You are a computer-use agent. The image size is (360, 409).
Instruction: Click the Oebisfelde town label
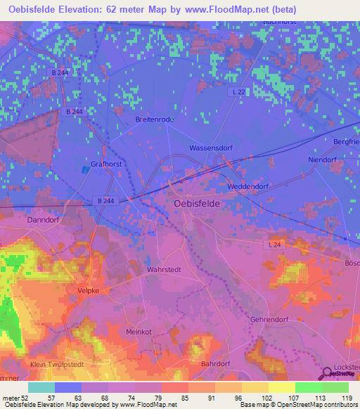[x=196, y=203]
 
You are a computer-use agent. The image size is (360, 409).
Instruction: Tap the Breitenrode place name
[x=154, y=119]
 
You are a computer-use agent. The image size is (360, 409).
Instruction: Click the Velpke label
[x=89, y=289]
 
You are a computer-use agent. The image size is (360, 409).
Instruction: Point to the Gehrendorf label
[x=269, y=319]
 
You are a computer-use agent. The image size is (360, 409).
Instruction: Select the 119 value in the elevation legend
[x=347, y=397]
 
